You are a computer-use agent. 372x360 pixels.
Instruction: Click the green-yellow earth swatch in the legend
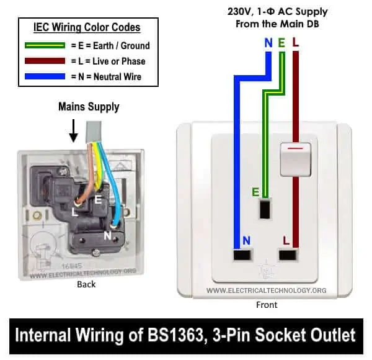pos(45,45)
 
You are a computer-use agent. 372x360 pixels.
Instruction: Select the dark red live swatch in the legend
pos(45,61)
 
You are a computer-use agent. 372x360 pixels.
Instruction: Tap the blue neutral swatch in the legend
pos(45,76)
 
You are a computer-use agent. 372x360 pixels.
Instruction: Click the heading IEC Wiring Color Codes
pos(87,27)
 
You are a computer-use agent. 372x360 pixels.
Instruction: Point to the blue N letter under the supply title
pos(268,43)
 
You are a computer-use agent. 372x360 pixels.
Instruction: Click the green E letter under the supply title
pos(281,43)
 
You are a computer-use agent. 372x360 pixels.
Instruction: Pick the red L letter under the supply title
pos(295,42)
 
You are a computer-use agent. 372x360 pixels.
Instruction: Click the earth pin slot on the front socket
pos(265,209)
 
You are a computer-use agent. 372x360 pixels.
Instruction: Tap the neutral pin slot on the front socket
pos(242,255)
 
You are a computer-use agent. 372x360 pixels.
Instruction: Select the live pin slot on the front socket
pos(288,255)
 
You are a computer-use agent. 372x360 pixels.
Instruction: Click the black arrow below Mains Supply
pos(74,131)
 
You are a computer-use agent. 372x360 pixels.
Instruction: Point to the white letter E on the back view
pos(98,200)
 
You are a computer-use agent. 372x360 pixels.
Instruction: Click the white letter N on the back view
pos(107,236)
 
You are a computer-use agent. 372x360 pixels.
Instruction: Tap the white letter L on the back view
pos(75,212)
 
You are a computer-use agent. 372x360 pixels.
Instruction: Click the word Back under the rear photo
pos(86,284)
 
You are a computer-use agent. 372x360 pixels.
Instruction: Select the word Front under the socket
pos(267,305)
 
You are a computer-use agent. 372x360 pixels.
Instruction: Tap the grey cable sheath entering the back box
pos(94,132)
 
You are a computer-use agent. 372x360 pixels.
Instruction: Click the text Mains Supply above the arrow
pos(89,107)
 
